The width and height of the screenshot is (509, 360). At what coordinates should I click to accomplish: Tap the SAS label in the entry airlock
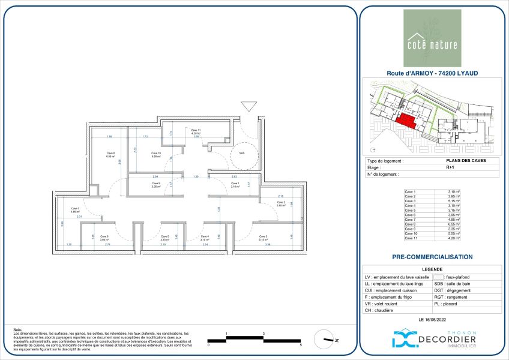(x=242, y=152)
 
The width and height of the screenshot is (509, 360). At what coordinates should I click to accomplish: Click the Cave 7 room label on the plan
(x=75, y=209)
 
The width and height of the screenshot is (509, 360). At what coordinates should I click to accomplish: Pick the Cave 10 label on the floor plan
(x=156, y=154)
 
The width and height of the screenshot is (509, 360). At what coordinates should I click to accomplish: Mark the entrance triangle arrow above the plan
(x=247, y=107)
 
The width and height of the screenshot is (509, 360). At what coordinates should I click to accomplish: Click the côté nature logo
(x=432, y=38)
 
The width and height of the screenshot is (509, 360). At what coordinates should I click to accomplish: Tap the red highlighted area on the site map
(x=407, y=121)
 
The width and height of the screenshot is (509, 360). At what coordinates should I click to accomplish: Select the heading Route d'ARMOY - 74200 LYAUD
(x=432, y=73)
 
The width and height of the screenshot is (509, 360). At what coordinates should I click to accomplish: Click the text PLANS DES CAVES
(x=462, y=161)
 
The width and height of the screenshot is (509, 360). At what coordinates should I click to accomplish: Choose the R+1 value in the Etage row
(x=450, y=168)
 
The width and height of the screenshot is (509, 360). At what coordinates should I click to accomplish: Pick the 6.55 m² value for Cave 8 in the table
(x=454, y=224)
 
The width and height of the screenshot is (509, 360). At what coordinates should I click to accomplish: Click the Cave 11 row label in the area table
(x=411, y=238)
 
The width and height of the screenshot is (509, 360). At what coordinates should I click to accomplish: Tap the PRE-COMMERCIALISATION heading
(x=432, y=257)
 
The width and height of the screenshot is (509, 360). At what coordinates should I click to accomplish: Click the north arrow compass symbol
(x=325, y=340)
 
